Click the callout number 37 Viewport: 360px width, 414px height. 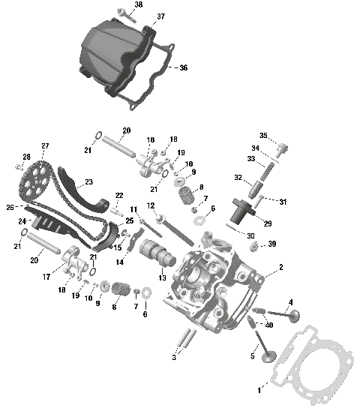(160, 16)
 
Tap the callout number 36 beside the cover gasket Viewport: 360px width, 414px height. (184, 67)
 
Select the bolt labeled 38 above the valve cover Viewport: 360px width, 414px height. (121, 13)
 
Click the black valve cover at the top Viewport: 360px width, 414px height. (112, 56)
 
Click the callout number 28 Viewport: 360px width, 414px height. (27, 156)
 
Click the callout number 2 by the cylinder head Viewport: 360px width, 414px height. (280, 268)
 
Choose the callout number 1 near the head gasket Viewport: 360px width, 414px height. (259, 390)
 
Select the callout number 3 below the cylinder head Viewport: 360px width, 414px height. (174, 357)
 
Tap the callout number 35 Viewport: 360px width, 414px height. (263, 136)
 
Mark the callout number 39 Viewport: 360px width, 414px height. (272, 244)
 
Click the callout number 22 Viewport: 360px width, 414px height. (119, 195)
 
